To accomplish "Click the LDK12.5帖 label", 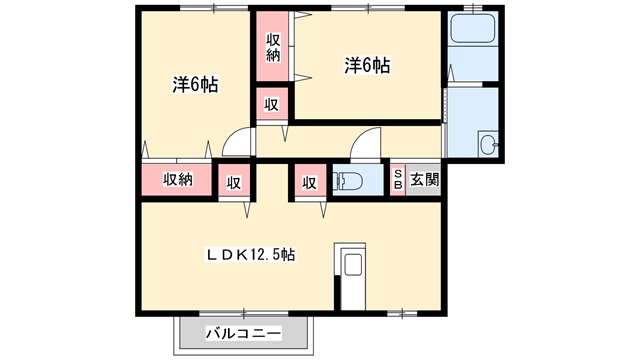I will coord(250,255).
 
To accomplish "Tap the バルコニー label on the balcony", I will coord(244,332).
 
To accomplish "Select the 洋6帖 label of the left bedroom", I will coord(195,85).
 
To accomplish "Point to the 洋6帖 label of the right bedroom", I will coord(367,66).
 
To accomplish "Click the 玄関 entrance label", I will coord(424,181).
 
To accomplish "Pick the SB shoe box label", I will coord(398,181).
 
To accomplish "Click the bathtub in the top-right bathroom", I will coord(472,29).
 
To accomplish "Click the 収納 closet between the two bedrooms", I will coord(273,47).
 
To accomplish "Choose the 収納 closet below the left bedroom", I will coord(177,181).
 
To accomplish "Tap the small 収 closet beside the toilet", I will coord(309,182).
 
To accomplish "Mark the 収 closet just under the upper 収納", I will coord(272,104).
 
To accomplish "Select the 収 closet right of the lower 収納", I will coord(233,182).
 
